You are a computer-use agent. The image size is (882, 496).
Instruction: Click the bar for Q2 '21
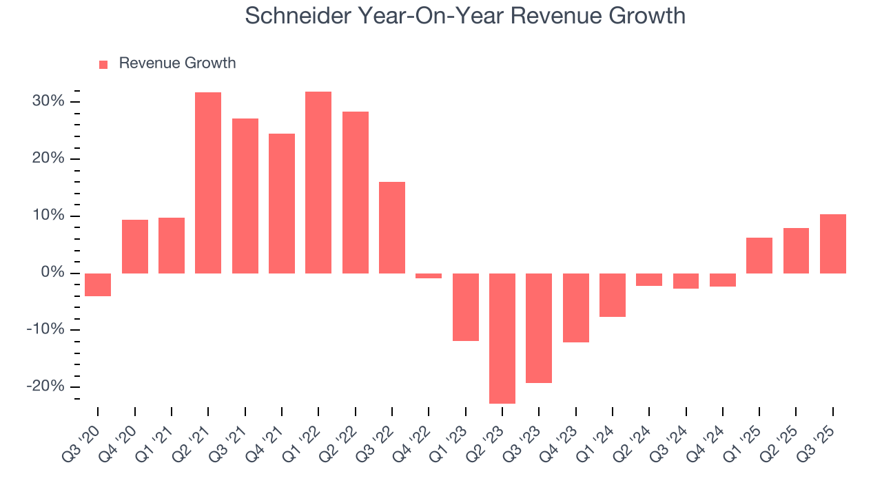click(208, 183)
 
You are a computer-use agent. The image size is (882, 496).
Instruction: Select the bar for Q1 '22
click(318, 183)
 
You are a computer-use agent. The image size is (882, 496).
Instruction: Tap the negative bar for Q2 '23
click(502, 338)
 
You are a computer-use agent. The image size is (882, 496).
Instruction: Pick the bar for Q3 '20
click(98, 285)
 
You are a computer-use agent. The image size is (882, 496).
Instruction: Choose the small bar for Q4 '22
click(429, 276)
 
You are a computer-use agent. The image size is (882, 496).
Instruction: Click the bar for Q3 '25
click(833, 244)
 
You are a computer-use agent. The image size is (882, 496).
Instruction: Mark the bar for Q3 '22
click(392, 227)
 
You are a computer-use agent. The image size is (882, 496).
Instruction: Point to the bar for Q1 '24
click(613, 295)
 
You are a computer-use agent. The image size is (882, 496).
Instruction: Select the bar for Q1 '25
click(759, 256)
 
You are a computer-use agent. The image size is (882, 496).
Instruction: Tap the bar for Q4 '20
click(135, 247)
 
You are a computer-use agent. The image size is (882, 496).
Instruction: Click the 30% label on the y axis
click(48, 102)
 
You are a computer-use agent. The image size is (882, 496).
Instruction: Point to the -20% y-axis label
click(45, 386)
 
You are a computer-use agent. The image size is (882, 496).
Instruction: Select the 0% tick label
click(52, 273)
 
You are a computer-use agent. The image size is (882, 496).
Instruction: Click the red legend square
click(103, 65)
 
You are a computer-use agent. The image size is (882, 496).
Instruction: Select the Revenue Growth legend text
click(177, 63)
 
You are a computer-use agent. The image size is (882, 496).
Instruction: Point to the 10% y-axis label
click(48, 216)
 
